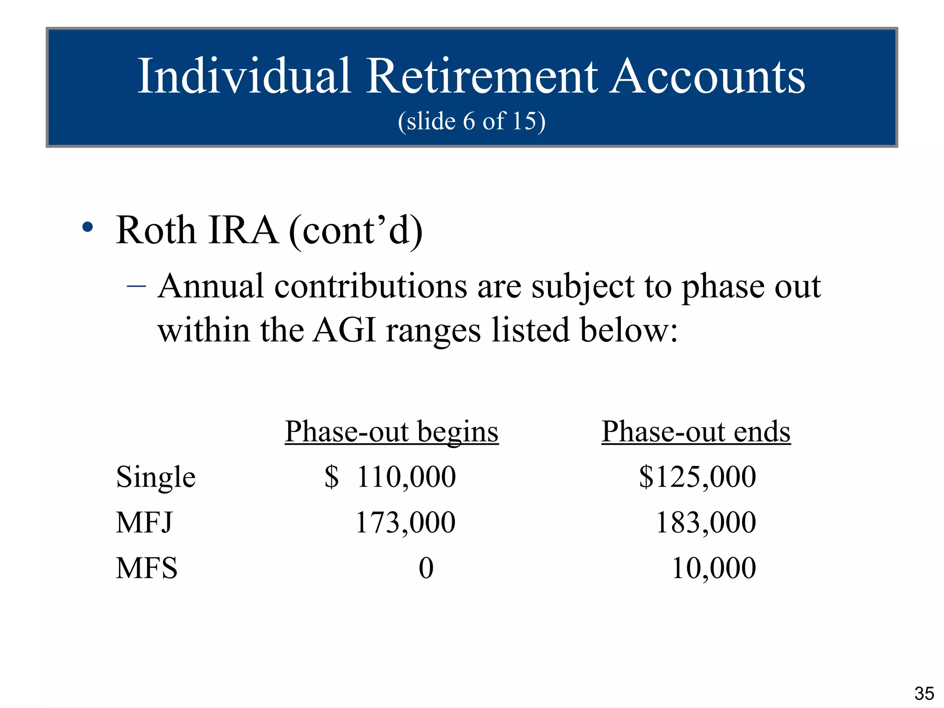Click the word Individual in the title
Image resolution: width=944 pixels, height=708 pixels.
click(244, 77)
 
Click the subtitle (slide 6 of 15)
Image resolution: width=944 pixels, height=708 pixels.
click(472, 121)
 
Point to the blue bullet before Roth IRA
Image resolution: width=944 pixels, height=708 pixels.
click(88, 227)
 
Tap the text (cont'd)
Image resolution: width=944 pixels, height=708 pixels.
click(355, 231)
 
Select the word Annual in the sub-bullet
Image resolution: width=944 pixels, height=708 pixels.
click(211, 287)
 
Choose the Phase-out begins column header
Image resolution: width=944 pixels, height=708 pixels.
click(391, 432)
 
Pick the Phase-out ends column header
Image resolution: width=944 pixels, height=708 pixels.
click(696, 432)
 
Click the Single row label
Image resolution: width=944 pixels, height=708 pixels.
click(156, 477)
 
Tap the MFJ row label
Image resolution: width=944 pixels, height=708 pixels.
click(144, 523)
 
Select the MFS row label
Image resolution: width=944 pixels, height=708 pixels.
click(147, 568)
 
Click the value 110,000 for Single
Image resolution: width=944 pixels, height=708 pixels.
click(406, 477)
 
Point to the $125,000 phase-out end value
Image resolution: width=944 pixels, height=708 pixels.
click(697, 477)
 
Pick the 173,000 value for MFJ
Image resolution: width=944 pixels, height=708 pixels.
click(405, 523)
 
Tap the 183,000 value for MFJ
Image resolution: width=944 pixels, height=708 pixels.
click(706, 523)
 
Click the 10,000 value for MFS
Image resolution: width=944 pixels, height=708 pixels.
click(714, 568)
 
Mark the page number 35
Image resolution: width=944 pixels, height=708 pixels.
click(924, 693)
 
